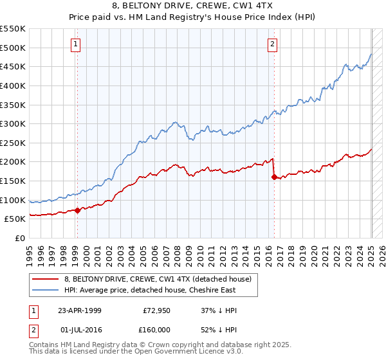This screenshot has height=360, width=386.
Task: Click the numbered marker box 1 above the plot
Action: click(x=76, y=44)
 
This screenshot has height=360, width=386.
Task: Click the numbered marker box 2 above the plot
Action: click(x=272, y=44)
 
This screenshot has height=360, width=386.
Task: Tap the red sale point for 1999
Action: click(x=77, y=210)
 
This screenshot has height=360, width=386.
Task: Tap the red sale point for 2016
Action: click(x=274, y=177)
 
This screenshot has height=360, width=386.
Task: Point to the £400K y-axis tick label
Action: click(x=13, y=85)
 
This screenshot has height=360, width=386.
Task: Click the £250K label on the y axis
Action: click(x=13, y=143)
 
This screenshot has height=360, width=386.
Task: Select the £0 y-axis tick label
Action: click(x=20, y=238)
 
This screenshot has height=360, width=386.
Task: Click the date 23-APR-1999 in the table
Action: click(x=80, y=310)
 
